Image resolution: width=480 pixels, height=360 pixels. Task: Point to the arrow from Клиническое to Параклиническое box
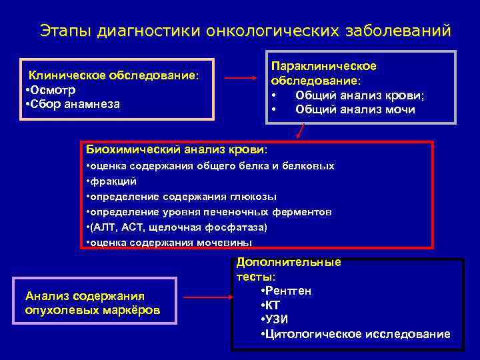coord(240,78)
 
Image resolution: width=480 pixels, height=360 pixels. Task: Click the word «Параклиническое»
coord(323,66)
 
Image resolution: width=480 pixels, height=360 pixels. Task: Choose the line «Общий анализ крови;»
coord(360,95)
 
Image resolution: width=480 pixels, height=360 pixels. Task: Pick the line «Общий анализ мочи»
coord(355,109)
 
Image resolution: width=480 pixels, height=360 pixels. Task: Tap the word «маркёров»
coord(131,311)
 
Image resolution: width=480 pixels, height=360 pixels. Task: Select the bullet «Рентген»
coord(287,291)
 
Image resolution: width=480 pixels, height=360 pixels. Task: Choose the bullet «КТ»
coord(272,305)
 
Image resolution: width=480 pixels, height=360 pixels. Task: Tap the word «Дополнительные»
coord(289,262)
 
